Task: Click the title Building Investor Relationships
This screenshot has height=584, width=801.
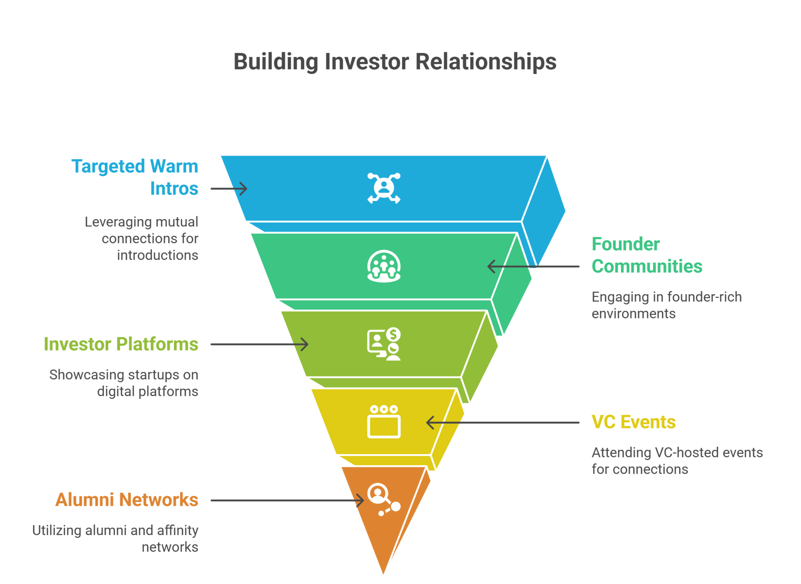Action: pyautogui.click(x=395, y=62)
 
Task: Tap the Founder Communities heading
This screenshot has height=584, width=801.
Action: pyautogui.click(x=646, y=255)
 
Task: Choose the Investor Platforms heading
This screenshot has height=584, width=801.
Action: pyautogui.click(x=121, y=344)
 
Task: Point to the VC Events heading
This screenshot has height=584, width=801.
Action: pyautogui.click(x=634, y=422)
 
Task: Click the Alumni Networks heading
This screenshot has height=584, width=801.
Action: pyautogui.click(x=127, y=500)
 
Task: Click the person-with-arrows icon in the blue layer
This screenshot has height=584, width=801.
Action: pyautogui.click(x=384, y=188)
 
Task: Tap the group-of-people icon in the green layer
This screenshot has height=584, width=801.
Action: pyautogui.click(x=384, y=266)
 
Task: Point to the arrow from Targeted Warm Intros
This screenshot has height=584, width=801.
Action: pyautogui.click(x=229, y=189)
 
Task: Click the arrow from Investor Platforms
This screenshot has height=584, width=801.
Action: pyautogui.click(x=259, y=344)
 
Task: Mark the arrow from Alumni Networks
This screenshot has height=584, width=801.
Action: pyautogui.click(x=287, y=500)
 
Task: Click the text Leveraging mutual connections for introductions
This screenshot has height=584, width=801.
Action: pyautogui.click(x=142, y=239)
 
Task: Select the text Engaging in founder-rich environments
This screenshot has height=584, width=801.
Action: pyautogui.click(x=667, y=305)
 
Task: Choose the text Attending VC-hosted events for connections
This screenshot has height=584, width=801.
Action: pyautogui.click(x=677, y=461)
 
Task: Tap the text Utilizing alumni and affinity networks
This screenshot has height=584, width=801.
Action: pyautogui.click(x=115, y=538)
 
